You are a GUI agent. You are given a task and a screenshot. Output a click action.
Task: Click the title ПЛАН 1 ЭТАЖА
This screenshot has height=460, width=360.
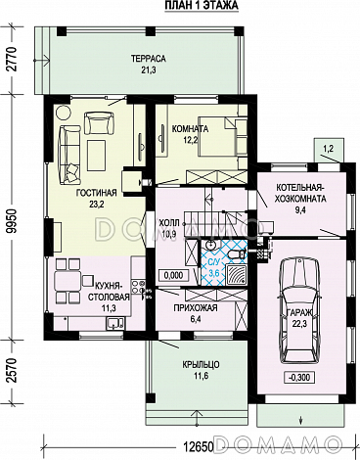[202, 5]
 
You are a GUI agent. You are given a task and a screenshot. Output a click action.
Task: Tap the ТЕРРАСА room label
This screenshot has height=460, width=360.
[149, 59]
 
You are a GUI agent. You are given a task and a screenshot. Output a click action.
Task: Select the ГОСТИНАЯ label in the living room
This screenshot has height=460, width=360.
[97, 193]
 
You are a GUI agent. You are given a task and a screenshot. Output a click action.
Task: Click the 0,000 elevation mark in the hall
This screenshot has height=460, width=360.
[173, 275]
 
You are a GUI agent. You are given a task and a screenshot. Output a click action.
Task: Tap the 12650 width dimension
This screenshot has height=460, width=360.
[198, 445]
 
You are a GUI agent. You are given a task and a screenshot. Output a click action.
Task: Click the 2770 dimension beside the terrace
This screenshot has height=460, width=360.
[14, 60]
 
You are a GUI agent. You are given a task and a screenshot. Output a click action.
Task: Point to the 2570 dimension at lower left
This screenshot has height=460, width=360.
[14, 371]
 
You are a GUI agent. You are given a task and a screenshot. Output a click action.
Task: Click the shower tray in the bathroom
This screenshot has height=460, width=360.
[237, 275]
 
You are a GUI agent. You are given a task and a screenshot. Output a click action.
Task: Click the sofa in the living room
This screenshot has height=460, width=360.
[68, 155]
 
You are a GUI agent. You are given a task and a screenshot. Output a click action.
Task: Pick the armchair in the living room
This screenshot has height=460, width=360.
[99, 122]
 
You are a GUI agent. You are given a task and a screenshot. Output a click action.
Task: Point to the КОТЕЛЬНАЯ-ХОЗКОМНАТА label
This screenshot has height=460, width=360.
[301, 193]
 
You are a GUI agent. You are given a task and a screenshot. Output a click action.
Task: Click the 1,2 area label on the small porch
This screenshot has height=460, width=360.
[328, 149]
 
